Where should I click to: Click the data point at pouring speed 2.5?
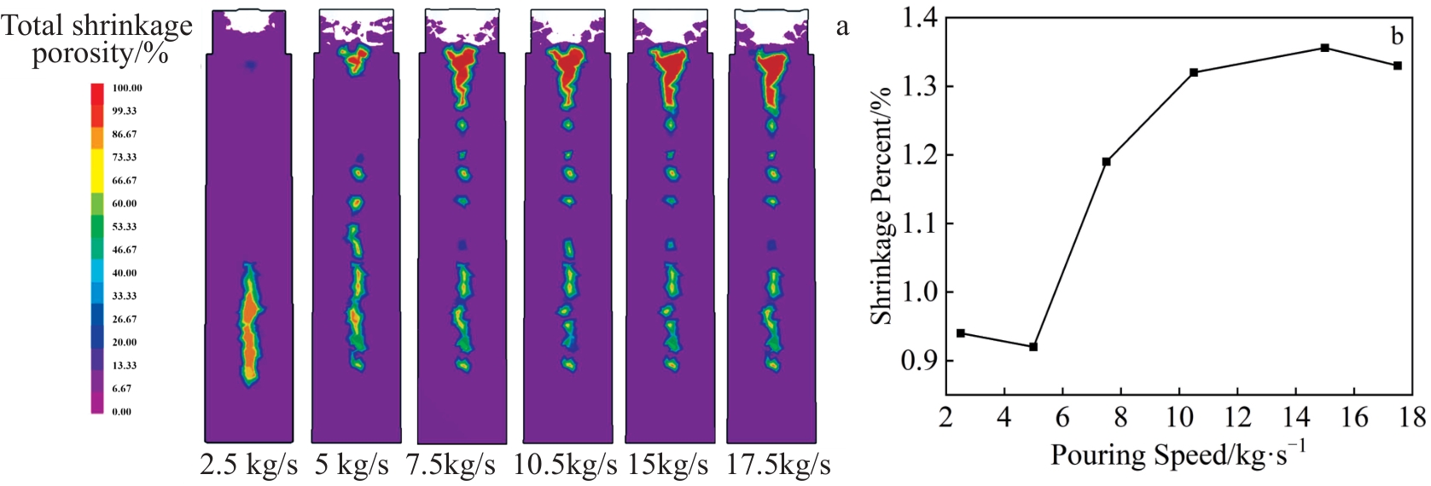(961, 333)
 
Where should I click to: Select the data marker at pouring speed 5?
(1033, 346)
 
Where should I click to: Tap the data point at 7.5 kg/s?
(1107, 161)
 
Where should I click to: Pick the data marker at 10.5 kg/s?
(1194, 72)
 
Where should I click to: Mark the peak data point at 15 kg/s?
(1324, 48)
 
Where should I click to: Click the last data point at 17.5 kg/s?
(1398, 66)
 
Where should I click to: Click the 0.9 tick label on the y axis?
(919, 361)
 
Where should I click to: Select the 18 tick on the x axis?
(1413, 417)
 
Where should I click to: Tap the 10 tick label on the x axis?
(1178, 417)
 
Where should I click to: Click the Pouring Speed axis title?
(1178, 454)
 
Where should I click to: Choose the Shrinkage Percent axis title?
(881, 205)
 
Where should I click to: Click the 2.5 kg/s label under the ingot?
(248, 466)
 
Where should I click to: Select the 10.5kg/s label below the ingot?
(565, 466)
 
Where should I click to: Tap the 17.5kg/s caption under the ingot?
(778, 466)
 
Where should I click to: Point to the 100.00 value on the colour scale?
(127, 88)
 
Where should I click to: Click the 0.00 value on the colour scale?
(122, 411)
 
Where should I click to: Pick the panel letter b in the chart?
(1397, 36)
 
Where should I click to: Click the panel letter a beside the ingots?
(842, 27)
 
